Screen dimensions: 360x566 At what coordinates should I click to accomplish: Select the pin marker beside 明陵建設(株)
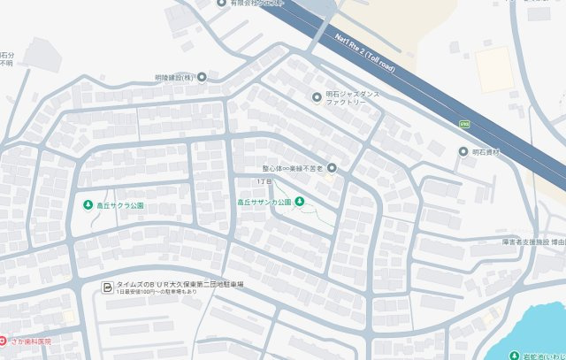203,78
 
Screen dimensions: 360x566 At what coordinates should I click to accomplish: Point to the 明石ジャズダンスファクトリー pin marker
317,96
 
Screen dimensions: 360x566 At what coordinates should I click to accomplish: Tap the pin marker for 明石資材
463,152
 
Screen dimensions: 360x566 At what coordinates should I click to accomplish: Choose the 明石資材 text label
486,152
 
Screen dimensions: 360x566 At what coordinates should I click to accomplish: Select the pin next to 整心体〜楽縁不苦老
333,168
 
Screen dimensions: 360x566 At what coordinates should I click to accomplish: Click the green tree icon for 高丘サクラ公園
88,205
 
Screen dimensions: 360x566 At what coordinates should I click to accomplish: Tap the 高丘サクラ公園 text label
120,205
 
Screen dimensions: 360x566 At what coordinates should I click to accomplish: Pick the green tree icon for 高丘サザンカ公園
299,202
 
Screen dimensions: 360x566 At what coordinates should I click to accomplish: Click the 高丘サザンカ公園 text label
264,203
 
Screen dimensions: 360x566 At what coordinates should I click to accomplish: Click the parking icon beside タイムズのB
108,287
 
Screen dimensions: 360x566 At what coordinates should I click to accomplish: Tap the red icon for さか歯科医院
3,340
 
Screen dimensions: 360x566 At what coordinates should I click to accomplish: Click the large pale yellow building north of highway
493,69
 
